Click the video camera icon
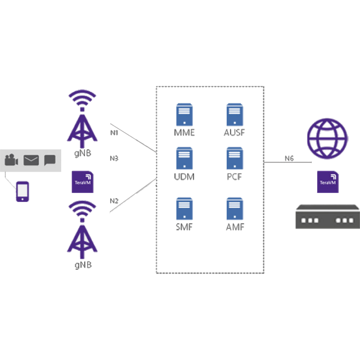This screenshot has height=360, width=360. pos(12,160)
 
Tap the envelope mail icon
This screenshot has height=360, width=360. pos(31,160)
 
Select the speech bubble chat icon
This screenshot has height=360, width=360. pos(50,160)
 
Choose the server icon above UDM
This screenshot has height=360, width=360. pos(184,157)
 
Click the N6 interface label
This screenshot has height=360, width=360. pos(289,158)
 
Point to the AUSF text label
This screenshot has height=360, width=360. pos(234,132)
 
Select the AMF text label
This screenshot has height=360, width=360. pos(234,227)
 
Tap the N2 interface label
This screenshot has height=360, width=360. pos(114,201)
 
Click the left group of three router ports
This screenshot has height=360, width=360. pos(310,220)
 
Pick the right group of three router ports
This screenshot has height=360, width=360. pos(345,220)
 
